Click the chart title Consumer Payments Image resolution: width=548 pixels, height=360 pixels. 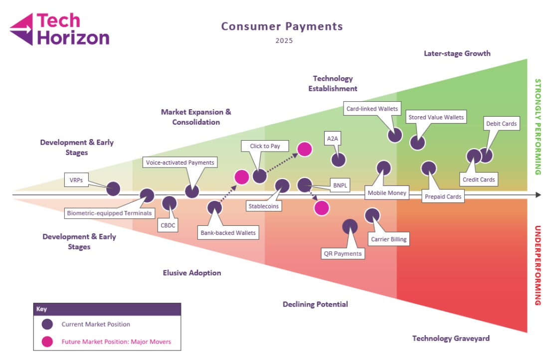click(x=282, y=26)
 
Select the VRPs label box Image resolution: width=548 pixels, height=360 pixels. click(x=75, y=180)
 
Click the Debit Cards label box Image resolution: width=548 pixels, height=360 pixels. click(x=501, y=123)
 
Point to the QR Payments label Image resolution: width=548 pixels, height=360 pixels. click(x=343, y=253)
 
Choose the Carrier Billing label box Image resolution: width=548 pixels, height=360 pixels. click(x=389, y=239)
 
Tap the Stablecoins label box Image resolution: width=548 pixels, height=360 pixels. click(x=264, y=205)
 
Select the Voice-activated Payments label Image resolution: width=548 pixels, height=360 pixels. click(x=180, y=162)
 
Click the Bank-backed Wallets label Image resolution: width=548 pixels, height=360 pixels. click(x=228, y=232)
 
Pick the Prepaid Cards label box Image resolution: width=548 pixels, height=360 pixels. click(x=443, y=196)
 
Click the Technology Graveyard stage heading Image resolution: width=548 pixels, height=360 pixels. click(x=451, y=338)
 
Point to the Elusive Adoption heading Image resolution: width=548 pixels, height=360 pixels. click(x=192, y=273)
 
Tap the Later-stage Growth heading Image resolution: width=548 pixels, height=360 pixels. click(x=457, y=53)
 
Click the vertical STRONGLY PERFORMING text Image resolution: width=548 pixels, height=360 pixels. click(x=538, y=127)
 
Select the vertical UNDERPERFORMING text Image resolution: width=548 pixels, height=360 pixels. click(x=538, y=265)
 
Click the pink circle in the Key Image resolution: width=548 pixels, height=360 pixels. click(x=47, y=342)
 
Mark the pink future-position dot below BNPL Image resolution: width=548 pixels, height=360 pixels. click(x=322, y=208)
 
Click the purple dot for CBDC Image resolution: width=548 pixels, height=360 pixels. click(x=170, y=203)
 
